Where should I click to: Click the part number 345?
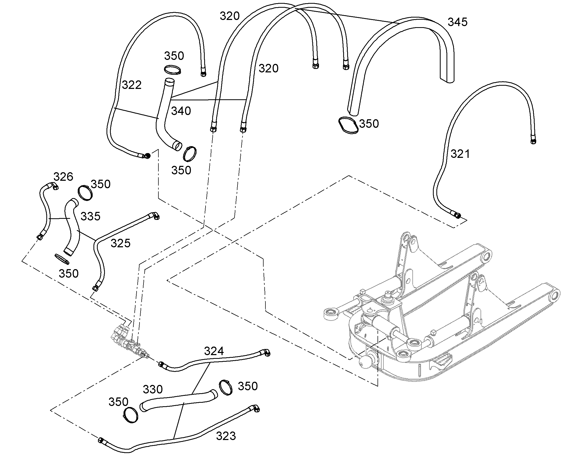point(458,22)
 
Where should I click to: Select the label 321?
point(460,154)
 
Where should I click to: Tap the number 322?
point(132,85)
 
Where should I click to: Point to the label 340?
point(181,111)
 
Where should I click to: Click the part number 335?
point(91,216)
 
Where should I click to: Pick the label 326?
point(63,177)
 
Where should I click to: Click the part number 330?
point(153,389)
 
